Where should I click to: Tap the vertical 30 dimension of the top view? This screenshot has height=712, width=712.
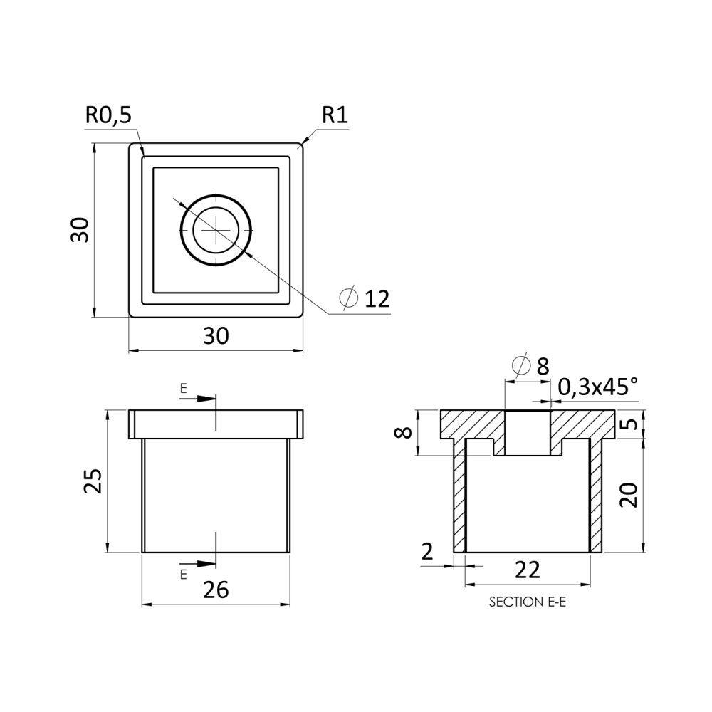point(80,230)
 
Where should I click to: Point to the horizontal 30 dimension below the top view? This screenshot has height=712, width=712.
point(216,336)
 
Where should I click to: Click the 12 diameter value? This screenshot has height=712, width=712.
point(377,299)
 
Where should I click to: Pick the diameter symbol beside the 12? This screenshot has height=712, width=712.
point(349,298)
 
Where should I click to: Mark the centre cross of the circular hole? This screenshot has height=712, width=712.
point(216,230)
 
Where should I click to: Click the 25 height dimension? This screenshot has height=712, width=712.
point(93,481)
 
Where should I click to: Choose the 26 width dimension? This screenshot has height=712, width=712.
point(216,590)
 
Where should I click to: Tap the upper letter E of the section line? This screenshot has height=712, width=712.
point(184,388)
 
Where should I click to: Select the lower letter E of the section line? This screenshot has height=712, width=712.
point(184,575)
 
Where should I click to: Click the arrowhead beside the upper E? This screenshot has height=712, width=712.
point(206,399)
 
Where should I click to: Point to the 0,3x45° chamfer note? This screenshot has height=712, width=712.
point(597,387)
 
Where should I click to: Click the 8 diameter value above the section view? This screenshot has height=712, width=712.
point(543,367)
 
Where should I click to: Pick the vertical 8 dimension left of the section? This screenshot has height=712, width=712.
point(403,433)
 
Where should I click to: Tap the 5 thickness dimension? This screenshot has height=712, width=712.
point(629,424)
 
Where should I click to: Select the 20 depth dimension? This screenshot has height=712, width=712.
point(629,495)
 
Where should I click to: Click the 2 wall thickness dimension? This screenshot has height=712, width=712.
point(427,552)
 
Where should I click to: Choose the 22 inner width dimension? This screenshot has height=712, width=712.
point(528,570)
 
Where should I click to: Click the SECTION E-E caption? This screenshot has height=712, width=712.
point(528,602)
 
